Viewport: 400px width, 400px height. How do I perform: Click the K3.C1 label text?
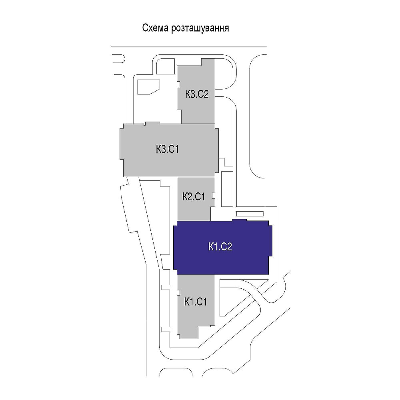[x=167, y=150]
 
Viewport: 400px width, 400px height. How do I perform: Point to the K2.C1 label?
[x=194, y=197]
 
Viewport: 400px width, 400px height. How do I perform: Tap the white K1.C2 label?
[x=220, y=247]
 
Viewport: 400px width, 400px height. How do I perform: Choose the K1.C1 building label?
[x=196, y=301]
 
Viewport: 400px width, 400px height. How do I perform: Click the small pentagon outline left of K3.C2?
[x=148, y=87]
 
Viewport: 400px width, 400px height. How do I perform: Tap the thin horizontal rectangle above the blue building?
[x=252, y=214]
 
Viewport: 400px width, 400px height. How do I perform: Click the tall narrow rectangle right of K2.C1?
[x=227, y=189]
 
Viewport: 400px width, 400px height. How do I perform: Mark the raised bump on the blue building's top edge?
[x=239, y=220]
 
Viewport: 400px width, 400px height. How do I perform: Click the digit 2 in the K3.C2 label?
[x=207, y=94]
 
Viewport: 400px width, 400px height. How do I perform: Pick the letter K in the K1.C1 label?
[x=187, y=301]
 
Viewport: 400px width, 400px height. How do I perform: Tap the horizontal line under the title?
[x=188, y=46]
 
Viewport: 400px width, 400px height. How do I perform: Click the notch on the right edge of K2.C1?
[x=214, y=196]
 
